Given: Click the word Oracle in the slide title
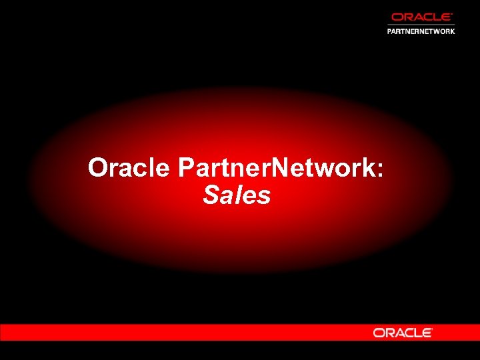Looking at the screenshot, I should tap(129, 168).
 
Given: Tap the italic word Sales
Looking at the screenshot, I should tap(237, 195).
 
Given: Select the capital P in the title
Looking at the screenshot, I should tap(186, 168).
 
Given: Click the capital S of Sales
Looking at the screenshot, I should tap(211, 195).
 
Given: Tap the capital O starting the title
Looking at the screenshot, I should tap(99, 168).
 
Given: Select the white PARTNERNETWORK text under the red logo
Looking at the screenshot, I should tap(421, 31).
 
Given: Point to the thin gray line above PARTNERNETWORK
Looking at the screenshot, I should tap(421, 24).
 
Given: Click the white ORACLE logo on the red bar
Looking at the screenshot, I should tap(403, 333).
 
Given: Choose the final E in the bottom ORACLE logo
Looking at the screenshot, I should tap(427, 333).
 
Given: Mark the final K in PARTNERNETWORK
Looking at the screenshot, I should tap(452, 31).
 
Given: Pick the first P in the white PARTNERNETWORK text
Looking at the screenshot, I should tap(390, 31).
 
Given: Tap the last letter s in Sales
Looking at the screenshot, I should tap(265, 197).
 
